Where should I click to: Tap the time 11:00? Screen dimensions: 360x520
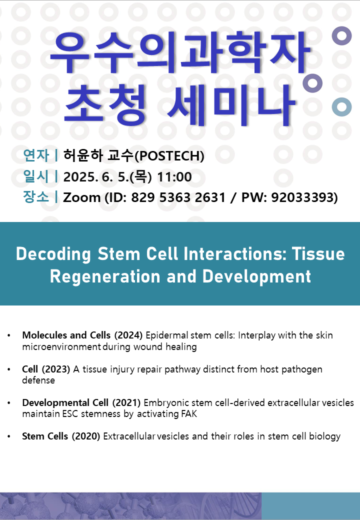(x=174, y=177)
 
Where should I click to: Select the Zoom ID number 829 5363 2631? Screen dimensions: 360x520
(x=178, y=197)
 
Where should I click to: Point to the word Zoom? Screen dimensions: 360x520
(x=81, y=197)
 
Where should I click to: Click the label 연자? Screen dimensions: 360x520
(x=36, y=155)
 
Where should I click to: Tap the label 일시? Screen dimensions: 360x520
(x=36, y=176)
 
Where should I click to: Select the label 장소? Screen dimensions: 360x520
(x=36, y=197)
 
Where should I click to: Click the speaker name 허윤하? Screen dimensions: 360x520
(x=83, y=155)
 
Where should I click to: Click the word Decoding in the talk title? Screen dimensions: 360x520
(x=53, y=254)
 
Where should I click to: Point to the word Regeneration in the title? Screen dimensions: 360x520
(x=105, y=276)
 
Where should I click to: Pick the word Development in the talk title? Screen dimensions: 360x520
(x=256, y=276)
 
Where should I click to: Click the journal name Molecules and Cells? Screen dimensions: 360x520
(x=66, y=335)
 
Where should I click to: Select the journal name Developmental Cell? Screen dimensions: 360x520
(x=65, y=402)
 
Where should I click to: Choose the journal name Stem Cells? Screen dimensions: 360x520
(x=45, y=436)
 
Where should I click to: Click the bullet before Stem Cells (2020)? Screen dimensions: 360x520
(x=9, y=436)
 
